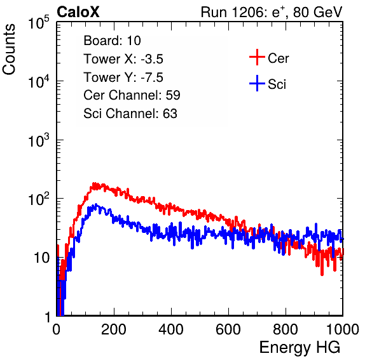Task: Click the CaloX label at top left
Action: [78, 12]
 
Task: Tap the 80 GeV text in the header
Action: [317, 12]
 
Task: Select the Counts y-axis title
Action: [9, 49]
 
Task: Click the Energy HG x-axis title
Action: [300, 348]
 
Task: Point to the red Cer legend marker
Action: [257, 57]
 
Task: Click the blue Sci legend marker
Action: [257, 83]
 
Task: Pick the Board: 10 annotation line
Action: [112, 41]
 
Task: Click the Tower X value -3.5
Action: [152, 59]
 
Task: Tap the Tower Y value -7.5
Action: [152, 77]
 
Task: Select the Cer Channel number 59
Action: [173, 95]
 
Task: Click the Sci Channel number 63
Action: [170, 114]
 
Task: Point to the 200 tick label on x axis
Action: [114, 329]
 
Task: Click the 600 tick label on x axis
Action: [228, 329]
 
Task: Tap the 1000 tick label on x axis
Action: [343, 329]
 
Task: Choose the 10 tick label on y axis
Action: [41, 258]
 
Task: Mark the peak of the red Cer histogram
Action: [94, 183]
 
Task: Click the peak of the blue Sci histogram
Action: [96, 204]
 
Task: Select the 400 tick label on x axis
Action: [171, 329]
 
